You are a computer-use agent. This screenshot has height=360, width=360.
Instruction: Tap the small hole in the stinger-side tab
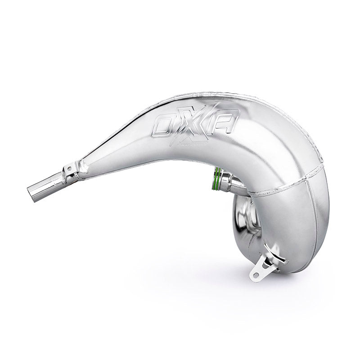pyautogui.click(x=69, y=168)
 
